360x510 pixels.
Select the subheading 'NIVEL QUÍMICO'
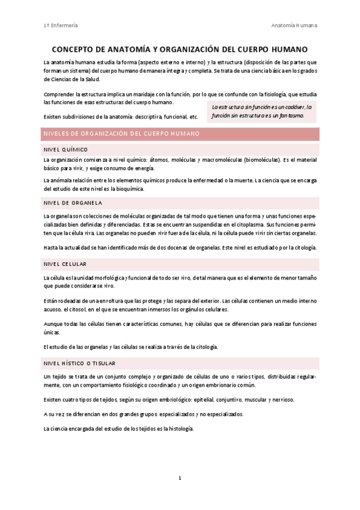pos(66,149)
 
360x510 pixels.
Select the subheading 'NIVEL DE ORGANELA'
pos(73,202)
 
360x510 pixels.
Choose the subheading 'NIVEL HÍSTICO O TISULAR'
pos(79,363)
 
